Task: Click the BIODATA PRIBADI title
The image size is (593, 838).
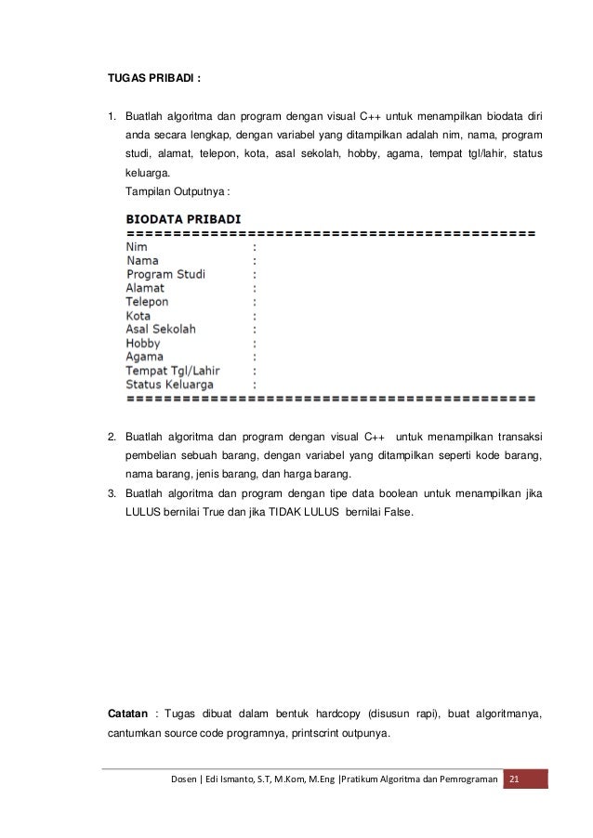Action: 183,219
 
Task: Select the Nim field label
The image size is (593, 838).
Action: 137,248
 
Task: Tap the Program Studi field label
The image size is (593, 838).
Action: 166,275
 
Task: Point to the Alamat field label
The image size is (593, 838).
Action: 145,289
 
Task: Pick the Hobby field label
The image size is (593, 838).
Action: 143,343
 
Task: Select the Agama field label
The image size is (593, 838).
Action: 145,357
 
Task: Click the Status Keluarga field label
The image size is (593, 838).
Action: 170,384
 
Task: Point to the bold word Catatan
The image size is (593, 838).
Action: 128,714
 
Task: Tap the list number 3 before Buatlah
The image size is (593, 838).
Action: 112,493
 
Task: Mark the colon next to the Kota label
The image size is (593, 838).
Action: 255,316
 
